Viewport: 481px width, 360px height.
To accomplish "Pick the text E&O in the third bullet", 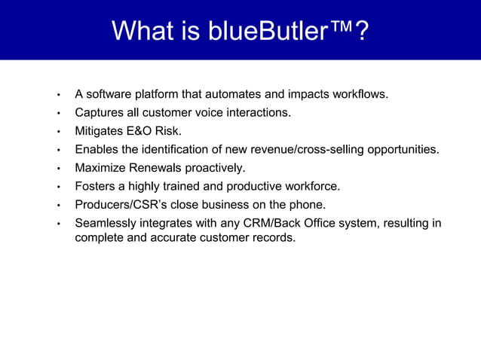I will (141, 131).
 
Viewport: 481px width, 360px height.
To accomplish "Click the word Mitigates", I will (99, 131).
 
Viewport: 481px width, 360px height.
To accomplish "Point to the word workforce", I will (311, 185).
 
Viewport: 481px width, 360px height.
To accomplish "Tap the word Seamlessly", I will (106, 223).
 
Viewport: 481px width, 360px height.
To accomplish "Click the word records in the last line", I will (274, 238).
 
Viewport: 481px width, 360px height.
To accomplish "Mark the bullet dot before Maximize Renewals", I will (57, 168).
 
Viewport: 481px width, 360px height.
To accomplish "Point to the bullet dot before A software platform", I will (57, 96).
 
